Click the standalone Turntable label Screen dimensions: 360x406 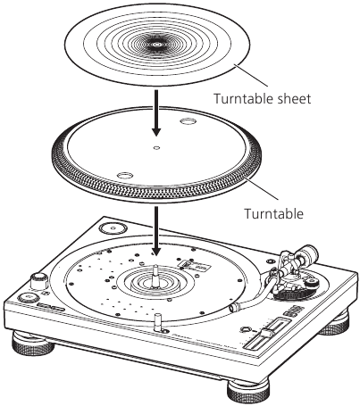(x=274, y=213)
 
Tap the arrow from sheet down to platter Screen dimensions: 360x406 (x=156, y=113)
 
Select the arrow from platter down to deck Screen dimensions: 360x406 (x=156, y=230)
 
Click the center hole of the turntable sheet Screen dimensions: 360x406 (x=157, y=45)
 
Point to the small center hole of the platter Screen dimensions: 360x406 (x=156, y=147)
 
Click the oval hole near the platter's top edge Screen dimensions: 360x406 (x=188, y=121)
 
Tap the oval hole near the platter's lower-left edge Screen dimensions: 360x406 (x=125, y=175)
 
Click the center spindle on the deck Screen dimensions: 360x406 (x=155, y=276)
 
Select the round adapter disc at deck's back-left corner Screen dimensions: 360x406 (x=113, y=228)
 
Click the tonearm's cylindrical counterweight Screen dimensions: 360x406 (x=308, y=253)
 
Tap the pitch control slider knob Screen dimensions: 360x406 (x=268, y=333)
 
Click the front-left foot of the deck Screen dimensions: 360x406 (x=33, y=342)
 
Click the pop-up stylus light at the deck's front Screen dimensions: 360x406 (x=158, y=322)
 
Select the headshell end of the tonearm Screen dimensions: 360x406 (x=235, y=307)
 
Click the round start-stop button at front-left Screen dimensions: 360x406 (x=28, y=297)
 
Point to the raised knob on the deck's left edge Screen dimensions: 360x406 (x=39, y=280)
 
